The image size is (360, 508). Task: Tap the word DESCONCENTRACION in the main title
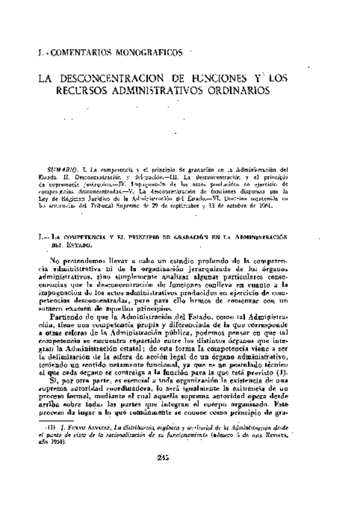click(119, 78)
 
